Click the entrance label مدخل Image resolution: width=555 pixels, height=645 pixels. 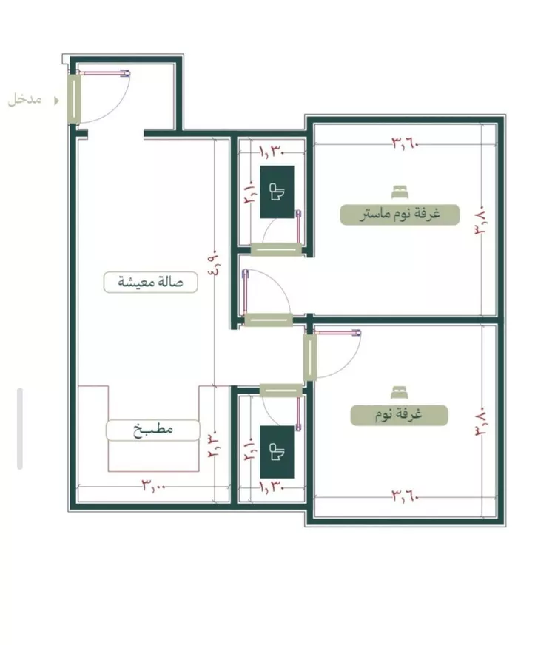tap(24, 99)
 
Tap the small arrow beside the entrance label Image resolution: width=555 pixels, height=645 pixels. tap(56, 101)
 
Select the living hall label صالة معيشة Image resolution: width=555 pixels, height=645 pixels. tap(150, 283)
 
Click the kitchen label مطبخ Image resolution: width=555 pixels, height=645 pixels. tap(152, 430)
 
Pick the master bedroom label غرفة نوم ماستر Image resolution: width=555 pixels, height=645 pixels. tap(400, 215)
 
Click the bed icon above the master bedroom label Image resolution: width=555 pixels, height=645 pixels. tap(400, 192)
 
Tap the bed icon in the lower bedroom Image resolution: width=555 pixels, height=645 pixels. tap(399, 393)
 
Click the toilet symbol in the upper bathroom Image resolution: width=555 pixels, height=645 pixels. tap(277, 192)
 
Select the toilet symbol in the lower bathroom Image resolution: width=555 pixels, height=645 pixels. tap(277, 452)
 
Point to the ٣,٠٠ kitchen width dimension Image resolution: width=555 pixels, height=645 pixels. tap(154, 485)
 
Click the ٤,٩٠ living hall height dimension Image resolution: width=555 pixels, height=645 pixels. tap(217, 263)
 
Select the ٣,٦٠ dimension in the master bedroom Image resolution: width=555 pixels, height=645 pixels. tap(405, 143)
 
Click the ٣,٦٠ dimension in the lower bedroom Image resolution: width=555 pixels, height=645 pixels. tap(405, 496)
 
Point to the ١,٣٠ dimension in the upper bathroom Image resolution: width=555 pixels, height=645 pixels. tap(272, 152)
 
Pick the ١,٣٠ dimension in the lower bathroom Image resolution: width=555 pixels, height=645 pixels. tap(272, 487)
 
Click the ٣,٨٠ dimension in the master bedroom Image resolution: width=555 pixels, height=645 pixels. tap(481, 220)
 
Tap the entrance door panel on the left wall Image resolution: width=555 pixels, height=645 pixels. tap(74, 98)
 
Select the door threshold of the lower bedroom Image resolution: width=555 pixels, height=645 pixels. tap(310, 357)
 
